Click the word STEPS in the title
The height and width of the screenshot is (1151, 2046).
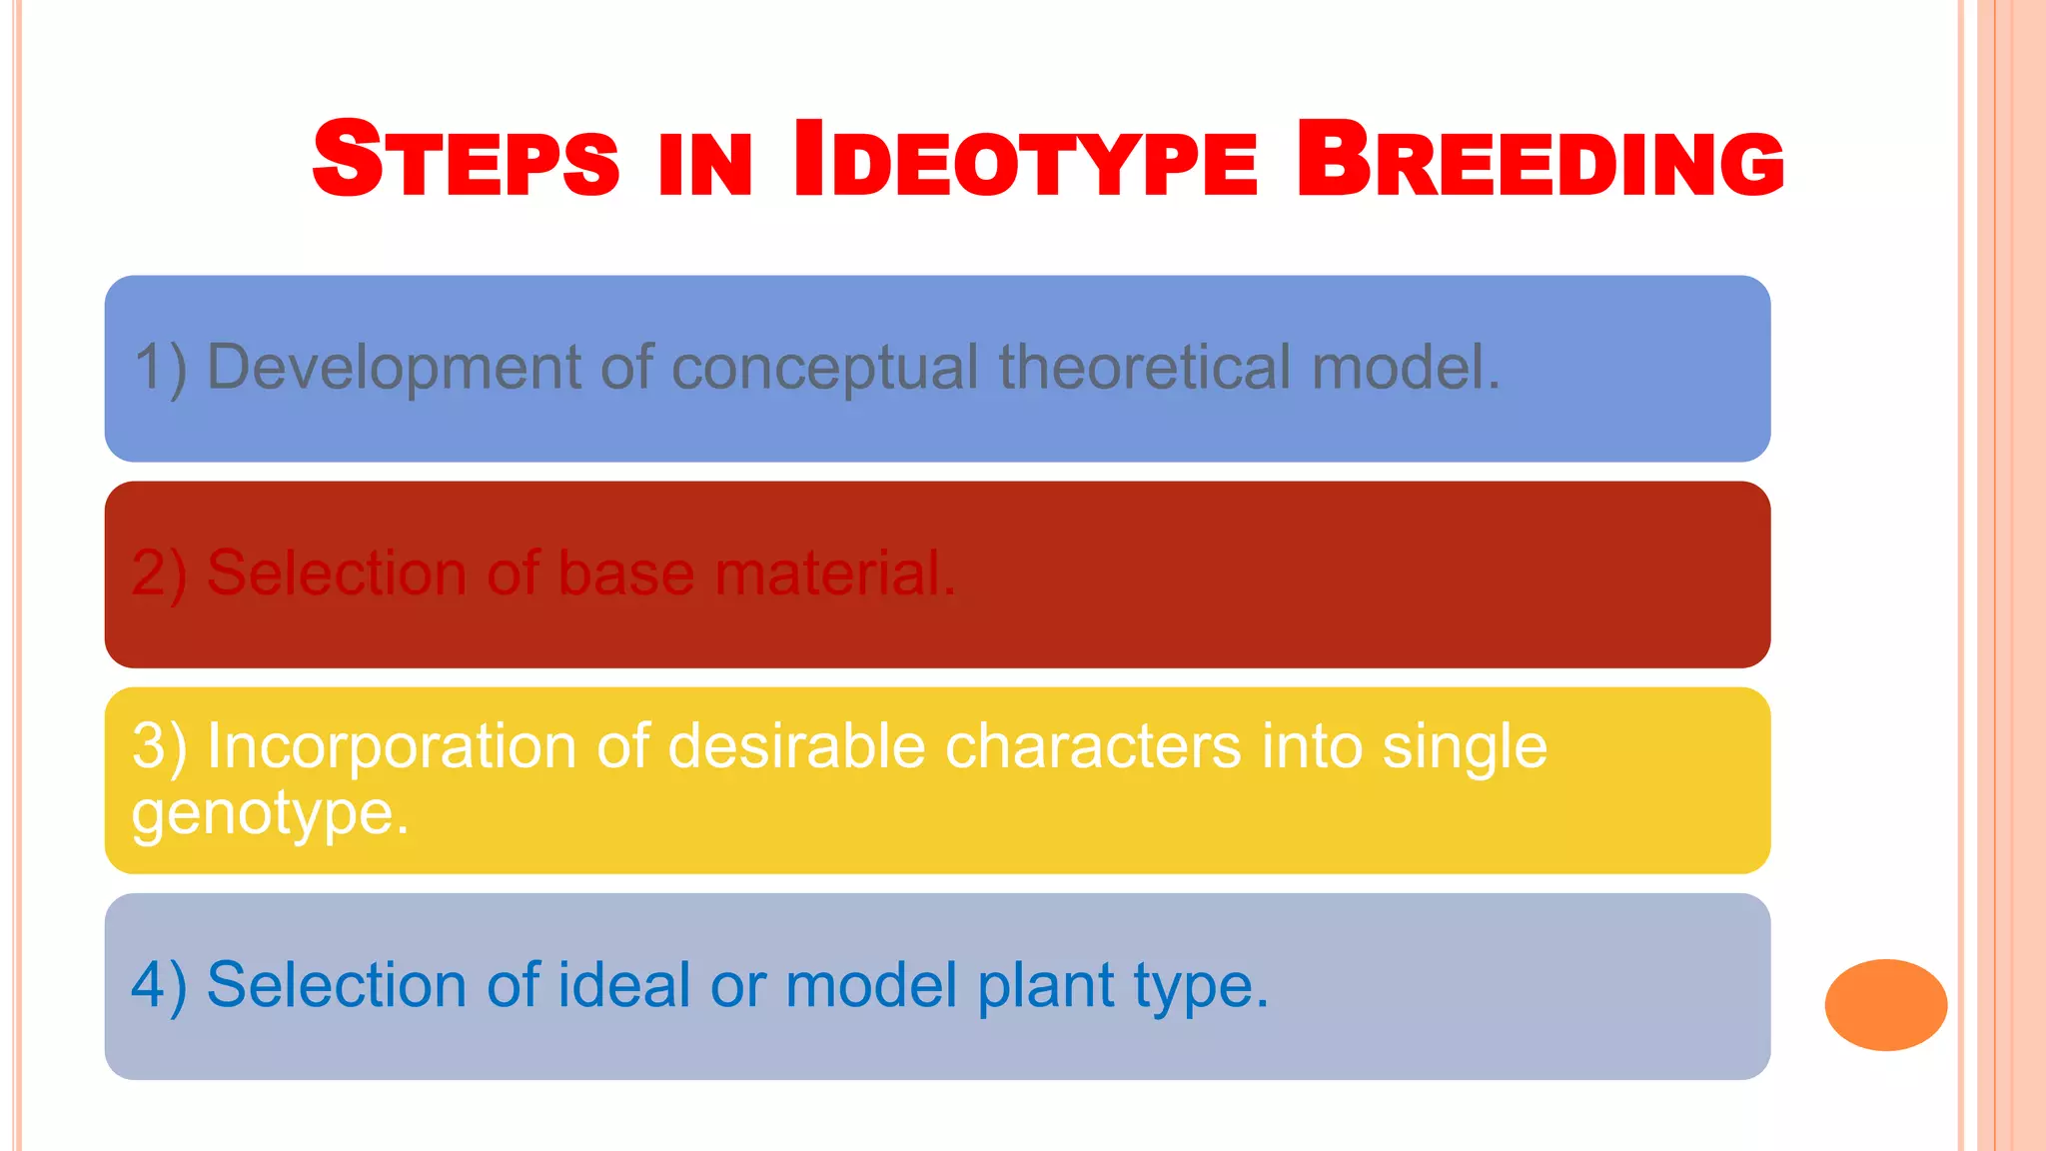pyautogui.click(x=466, y=159)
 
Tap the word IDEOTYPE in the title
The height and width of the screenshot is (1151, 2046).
pyautogui.click(x=1025, y=159)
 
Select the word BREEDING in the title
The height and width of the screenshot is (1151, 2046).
pyautogui.click(x=1539, y=159)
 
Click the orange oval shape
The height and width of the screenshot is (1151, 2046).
pyautogui.click(x=1885, y=1004)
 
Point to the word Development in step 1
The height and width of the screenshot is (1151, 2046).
pyautogui.click(x=394, y=368)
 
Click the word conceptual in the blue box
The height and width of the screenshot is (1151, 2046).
pyautogui.click(x=824, y=368)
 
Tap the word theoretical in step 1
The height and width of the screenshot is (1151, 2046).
pyautogui.click(x=1145, y=366)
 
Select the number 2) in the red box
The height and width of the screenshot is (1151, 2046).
pyautogui.click(x=159, y=574)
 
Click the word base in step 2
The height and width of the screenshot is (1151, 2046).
pyautogui.click(x=625, y=574)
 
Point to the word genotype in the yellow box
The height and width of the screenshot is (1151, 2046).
pyautogui.click(x=270, y=813)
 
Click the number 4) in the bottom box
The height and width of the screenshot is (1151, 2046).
pyautogui.click(x=159, y=985)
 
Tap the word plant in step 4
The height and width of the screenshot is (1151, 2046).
pyautogui.click(x=1045, y=987)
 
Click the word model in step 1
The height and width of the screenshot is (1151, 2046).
pyautogui.click(x=1405, y=366)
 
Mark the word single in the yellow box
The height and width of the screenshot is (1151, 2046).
pyautogui.click(x=1465, y=747)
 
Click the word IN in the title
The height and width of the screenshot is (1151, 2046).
pyautogui.click(x=704, y=165)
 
